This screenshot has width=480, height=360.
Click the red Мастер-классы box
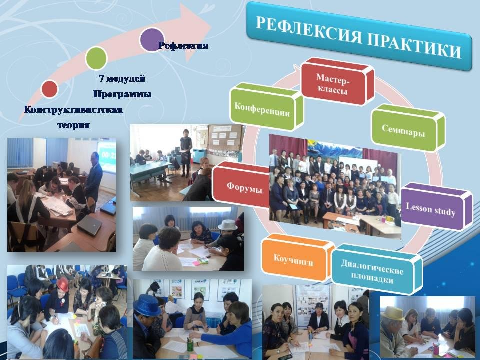coord(337,81)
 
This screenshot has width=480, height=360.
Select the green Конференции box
coord(266,107)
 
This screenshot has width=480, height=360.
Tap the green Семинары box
coord(408,128)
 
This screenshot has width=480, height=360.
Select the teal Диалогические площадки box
coord(377,269)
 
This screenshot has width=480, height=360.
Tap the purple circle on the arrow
coord(152,40)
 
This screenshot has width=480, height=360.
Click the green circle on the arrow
coord(96,58)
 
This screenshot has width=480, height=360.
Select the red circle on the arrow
coord(49,89)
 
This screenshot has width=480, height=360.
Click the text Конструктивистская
coord(73,109)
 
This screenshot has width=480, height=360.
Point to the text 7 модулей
coord(122,78)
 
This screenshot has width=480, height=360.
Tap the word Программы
coord(122,94)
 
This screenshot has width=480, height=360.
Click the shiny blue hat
coord(147,305)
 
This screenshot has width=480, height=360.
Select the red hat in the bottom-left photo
coord(63,284)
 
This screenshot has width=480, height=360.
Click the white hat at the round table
coord(228,225)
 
